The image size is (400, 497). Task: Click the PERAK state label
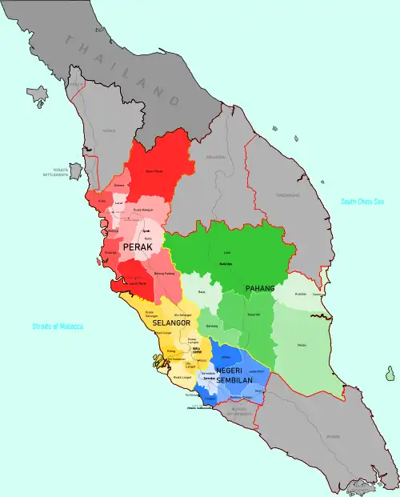coord(138,248)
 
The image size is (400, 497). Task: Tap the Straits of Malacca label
coord(58,327)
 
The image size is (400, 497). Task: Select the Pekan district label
coord(302,345)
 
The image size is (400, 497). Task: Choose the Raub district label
coord(202,292)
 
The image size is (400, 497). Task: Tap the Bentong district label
coord(211,326)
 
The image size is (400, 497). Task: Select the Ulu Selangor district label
coord(182,315)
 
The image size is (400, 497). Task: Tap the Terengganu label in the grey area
coord(287,194)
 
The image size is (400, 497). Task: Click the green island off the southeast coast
coord(390,374)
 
